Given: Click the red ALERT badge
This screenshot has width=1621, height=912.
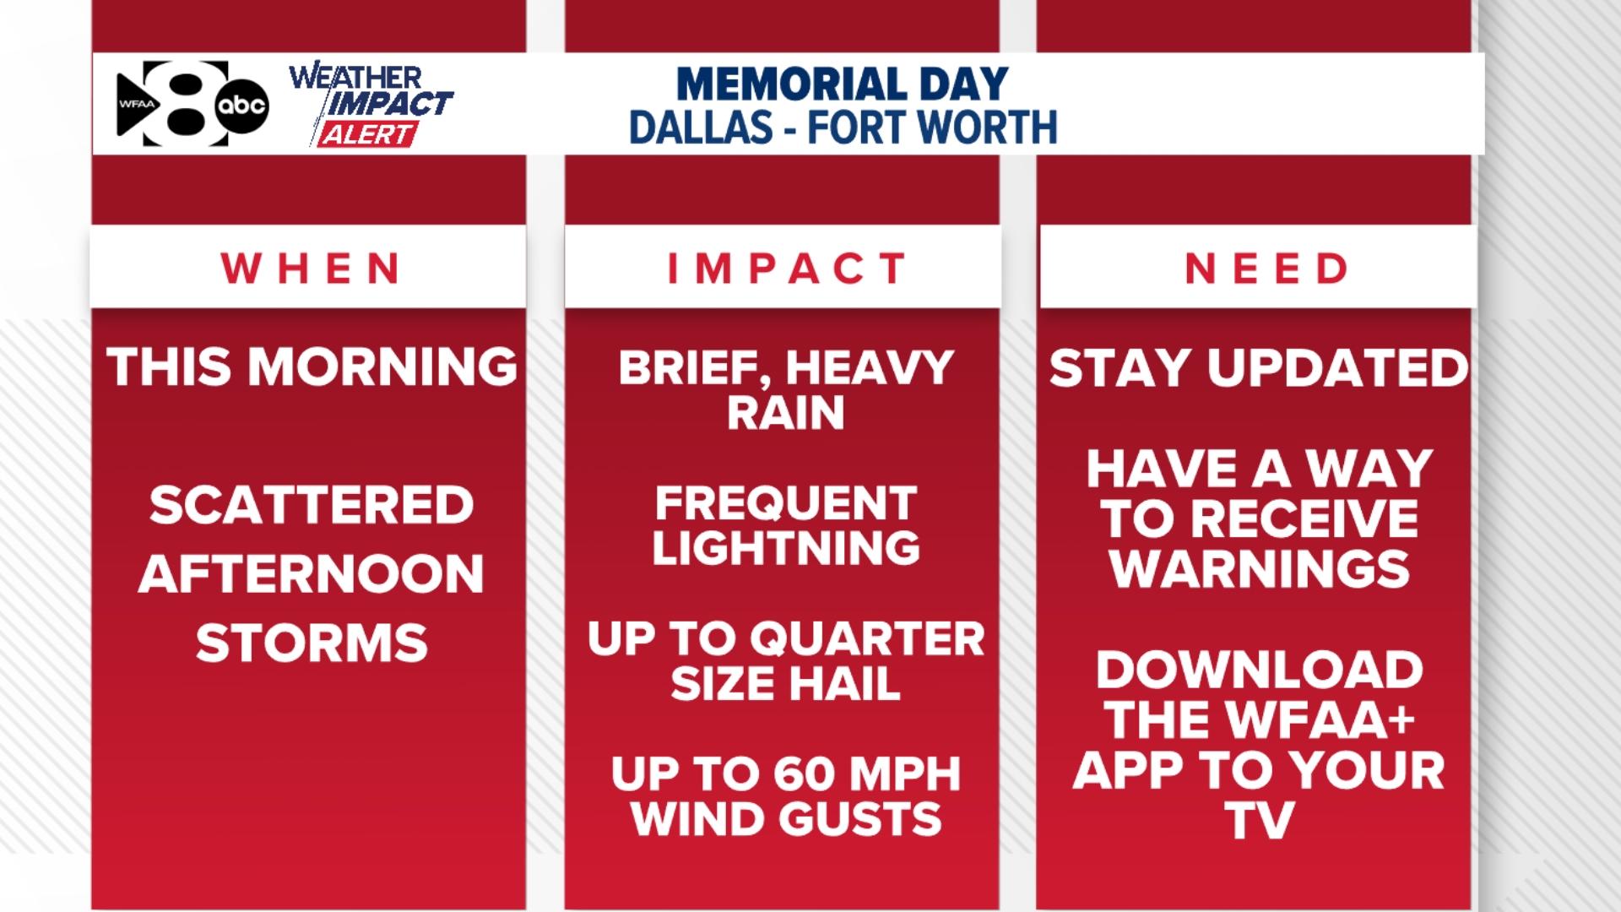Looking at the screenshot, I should [x=367, y=135].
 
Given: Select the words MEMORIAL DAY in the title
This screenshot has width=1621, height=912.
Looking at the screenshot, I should [x=843, y=84].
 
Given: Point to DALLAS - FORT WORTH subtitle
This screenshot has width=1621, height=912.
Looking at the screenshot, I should [x=843, y=128].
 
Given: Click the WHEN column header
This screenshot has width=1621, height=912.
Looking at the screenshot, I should [x=311, y=269].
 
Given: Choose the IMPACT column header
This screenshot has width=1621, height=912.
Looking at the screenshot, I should [x=787, y=269].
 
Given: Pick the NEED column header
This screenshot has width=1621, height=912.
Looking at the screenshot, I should [x=1266, y=269].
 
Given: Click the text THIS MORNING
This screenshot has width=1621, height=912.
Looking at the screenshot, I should [x=312, y=367].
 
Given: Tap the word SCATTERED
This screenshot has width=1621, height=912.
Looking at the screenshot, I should [x=312, y=505].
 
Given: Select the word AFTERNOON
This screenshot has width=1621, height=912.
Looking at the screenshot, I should [x=312, y=574].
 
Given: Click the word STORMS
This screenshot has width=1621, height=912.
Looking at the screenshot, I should [x=312, y=643].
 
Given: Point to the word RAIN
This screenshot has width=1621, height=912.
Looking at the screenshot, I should [x=786, y=413].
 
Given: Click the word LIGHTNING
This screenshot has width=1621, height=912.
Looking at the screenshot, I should [x=786, y=548].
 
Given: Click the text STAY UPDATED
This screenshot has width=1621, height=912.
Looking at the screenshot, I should [x=1259, y=368].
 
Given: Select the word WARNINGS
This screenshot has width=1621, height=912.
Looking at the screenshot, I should [x=1259, y=569].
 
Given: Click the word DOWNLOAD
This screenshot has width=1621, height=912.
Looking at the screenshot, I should [x=1259, y=670].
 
